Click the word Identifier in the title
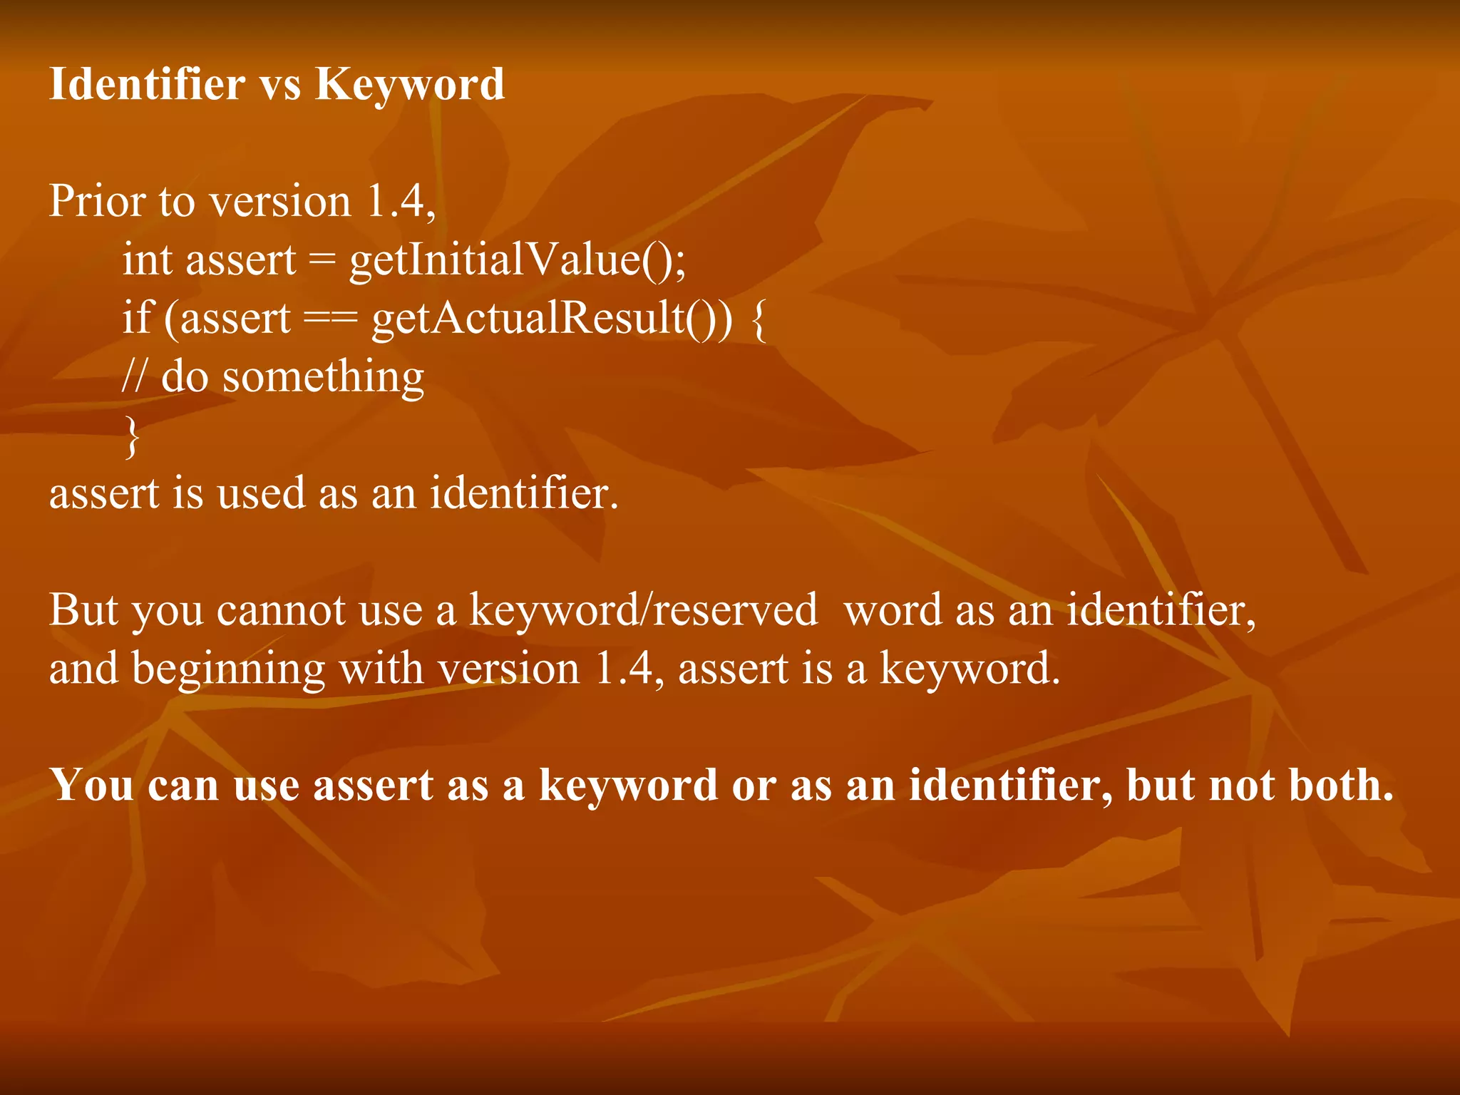[147, 84]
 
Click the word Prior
[97, 201]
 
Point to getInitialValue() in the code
[516, 260]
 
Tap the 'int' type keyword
[148, 259]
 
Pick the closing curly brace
[132, 436]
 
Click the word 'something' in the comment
[323, 378]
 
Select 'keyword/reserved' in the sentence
[643, 611]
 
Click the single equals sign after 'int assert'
[322, 261]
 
